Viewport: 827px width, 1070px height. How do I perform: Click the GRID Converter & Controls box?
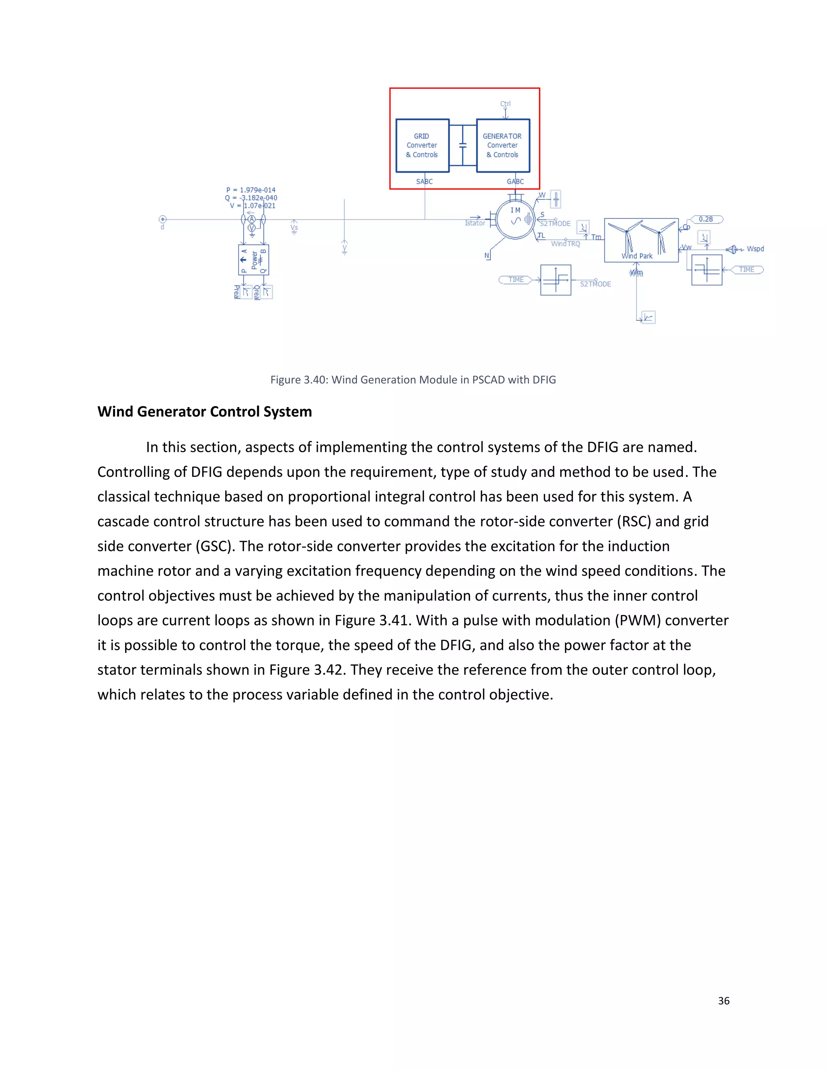coord(422,145)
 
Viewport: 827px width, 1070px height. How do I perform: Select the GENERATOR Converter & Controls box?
coord(503,145)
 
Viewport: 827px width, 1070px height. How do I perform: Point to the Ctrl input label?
coord(505,104)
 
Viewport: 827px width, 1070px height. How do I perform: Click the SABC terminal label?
coord(424,181)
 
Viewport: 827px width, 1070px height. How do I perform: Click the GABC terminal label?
coord(515,181)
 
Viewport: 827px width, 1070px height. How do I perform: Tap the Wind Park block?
coord(641,240)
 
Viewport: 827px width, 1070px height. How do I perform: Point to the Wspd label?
coord(755,249)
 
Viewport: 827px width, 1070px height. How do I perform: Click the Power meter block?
coord(254,260)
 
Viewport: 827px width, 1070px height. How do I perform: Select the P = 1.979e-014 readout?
coord(251,190)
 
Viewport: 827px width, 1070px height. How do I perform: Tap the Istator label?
coord(475,223)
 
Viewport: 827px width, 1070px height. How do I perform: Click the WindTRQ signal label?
coord(565,243)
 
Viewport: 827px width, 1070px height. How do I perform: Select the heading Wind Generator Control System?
coord(204,411)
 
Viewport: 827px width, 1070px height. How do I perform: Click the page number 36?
coord(723,1001)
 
